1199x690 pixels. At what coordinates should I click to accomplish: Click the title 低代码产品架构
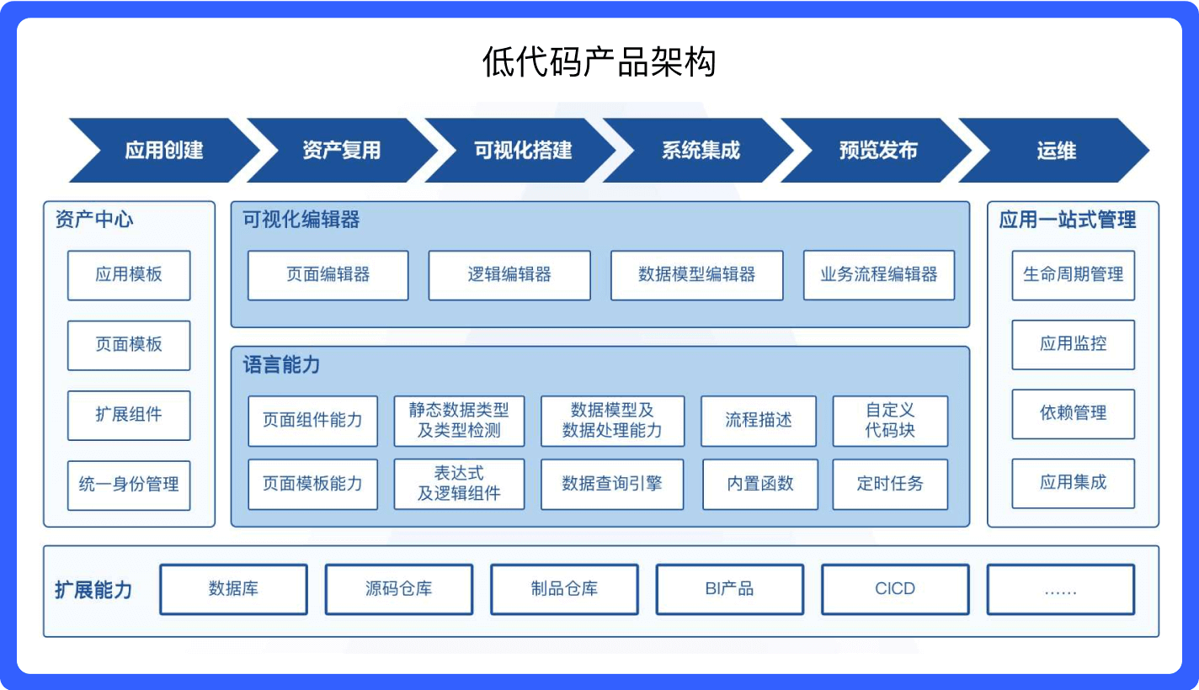pyautogui.click(x=599, y=62)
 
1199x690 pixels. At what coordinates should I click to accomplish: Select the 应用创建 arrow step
pyautogui.click(x=164, y=151)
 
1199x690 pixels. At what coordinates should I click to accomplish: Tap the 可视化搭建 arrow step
pyautogui.click(x=522, y=151)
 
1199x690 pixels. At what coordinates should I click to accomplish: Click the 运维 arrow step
pyautogui.click(x=1056, y=151)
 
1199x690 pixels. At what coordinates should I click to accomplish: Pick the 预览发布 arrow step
pyautogui.click(x=878, y=151)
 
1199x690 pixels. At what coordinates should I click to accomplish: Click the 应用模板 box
pyautogui.click(x=129, y=275)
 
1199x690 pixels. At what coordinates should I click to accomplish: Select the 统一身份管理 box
pyautogui.click(x=129, y=485)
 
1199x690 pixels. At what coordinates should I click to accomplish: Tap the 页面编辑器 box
pyautogui.click(x=328, y=275)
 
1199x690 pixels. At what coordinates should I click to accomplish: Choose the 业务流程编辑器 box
pyautogui.click(x=878, y=275)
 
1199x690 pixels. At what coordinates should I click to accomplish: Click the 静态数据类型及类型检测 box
pyautogui.click(x=459, y=421)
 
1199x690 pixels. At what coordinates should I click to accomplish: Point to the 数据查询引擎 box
pyautogui.click(x=611, y=484)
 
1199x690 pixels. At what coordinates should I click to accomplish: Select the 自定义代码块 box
pyautogui.click(x=890, y=421)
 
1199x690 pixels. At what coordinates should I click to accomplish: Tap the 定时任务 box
pyautogui.click(x=890, y=484)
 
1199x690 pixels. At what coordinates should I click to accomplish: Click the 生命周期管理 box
pyautogui.click(x=1073, y=275)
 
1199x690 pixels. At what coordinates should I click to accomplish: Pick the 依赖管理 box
pyautogui.click(x=1073, y=413)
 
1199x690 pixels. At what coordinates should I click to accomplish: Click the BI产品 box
pyautogui.click(x=729, y=589)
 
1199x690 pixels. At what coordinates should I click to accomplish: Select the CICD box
pyautogui.click(x=894, y=589)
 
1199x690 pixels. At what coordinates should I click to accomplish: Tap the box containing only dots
pyautogui.click(x=1060, y=589)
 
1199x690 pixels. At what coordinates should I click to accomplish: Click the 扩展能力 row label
pyautogui.click(x=93, y=590)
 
